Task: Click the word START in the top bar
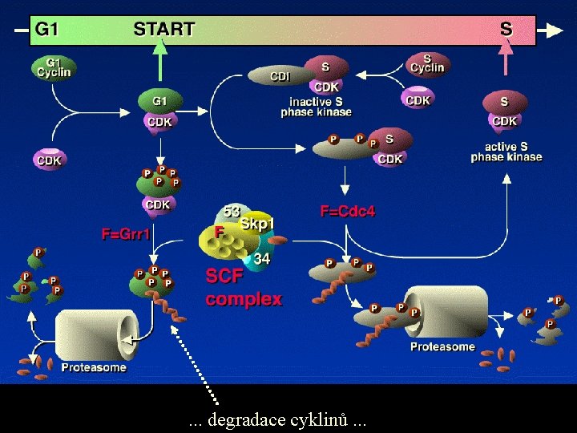(163, 30)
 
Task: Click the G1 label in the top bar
(46, 30)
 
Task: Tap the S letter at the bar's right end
(506, 30)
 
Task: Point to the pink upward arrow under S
(505, 60)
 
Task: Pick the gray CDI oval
(280, 76)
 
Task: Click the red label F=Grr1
(127, 235)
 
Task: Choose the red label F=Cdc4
(348, 212)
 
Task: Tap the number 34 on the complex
(262, 259)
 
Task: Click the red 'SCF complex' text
(243, 288)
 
